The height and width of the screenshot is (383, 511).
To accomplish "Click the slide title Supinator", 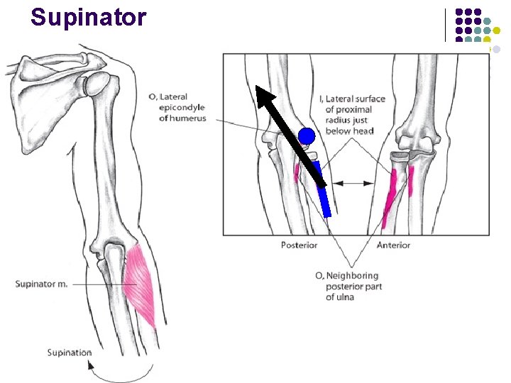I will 89,17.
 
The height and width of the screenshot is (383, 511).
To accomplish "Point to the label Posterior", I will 299,245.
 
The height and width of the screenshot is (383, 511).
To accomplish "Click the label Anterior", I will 393,245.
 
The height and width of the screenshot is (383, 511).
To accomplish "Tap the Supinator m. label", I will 42,284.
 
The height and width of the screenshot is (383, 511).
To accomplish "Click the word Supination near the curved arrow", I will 70,353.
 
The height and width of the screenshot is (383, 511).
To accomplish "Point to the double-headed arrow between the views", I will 353,183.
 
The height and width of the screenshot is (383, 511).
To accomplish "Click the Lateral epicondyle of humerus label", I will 177,108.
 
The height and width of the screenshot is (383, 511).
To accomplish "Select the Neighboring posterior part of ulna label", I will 347,286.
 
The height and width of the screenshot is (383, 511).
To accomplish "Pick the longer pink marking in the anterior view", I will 389,199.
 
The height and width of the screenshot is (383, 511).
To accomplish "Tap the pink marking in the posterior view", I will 297,172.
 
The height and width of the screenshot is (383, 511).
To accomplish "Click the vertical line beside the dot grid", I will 446,25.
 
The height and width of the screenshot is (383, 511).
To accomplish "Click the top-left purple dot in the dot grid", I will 459,12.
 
